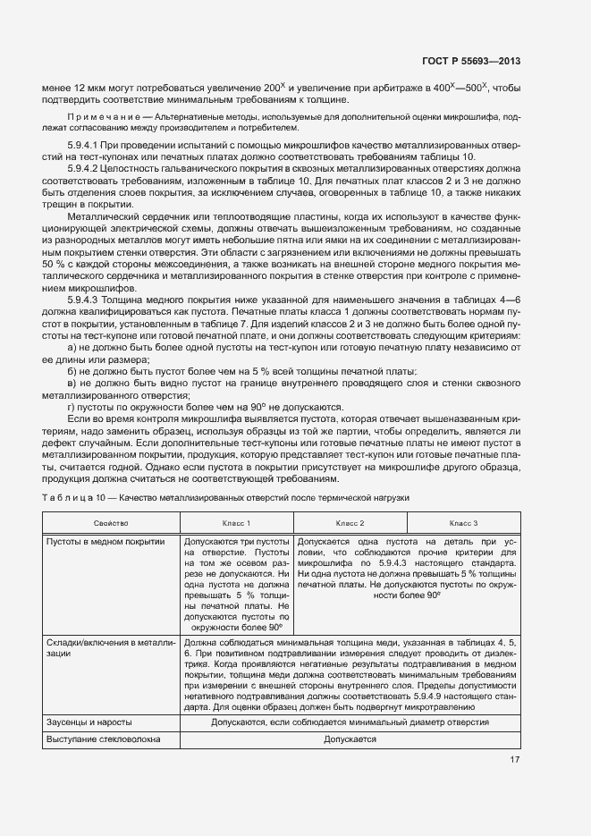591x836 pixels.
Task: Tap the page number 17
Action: pos(514,761)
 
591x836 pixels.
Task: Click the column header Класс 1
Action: pos(236,522)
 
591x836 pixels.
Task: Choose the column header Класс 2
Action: pos(350,522)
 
